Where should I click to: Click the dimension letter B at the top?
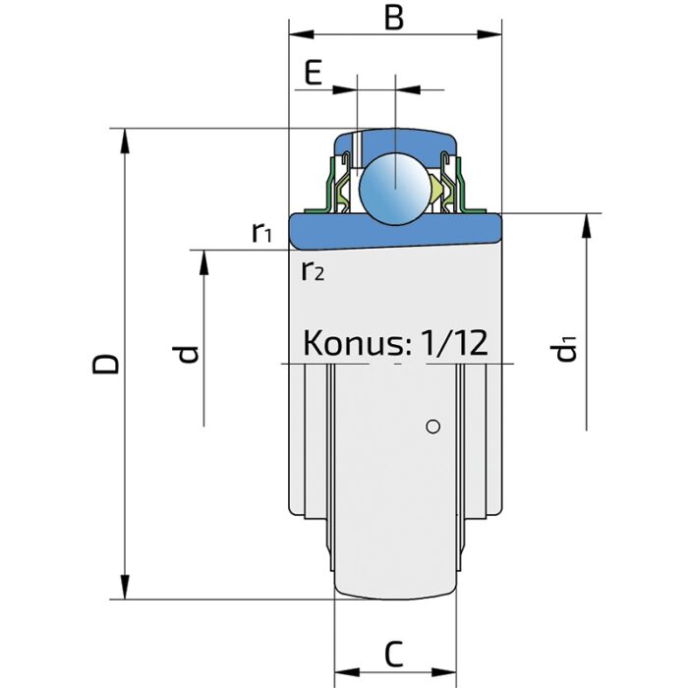394,19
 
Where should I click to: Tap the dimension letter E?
314,74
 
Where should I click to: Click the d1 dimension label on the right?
566,349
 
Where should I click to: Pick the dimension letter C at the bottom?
393,653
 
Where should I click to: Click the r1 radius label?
261,233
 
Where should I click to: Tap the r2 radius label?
312,271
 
